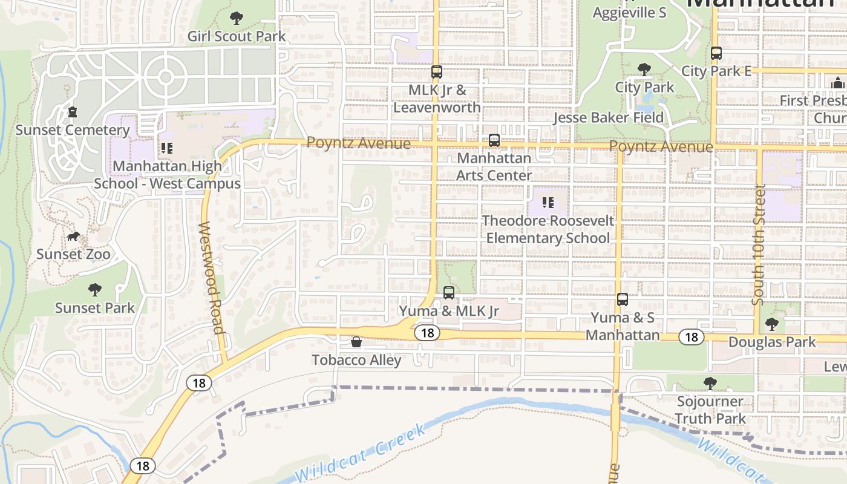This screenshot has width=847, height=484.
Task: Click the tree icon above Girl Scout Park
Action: coord(237,18)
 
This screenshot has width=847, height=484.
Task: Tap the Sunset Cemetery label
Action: coord(73,130)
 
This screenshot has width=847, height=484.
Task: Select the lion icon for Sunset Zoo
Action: coord(73,236)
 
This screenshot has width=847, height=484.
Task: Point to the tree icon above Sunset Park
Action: coord(95,290)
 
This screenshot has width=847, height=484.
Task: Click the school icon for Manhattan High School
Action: coord(167,148)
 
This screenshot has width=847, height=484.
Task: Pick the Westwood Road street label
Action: coord(211,278)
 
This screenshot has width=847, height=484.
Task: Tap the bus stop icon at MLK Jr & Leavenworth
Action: coord(436,72)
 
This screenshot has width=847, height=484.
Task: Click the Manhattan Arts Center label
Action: coord(494,166)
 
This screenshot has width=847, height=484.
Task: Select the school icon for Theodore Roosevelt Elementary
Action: coord(548,203)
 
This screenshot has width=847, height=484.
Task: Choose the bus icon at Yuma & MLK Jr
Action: coord(448,293)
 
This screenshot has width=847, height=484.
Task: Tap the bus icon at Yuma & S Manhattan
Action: coord(622,299)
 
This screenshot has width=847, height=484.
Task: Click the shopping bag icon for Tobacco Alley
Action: coord(356,342)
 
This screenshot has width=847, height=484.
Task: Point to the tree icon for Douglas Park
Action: coord(772,324)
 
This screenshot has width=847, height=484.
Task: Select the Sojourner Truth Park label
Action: coord(710,410)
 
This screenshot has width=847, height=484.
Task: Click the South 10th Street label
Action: coord(759,244)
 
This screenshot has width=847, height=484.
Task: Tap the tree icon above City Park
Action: coord(644,70)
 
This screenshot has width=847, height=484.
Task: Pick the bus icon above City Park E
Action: coord(716,53)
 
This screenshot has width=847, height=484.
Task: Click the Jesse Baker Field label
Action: coord(608,117)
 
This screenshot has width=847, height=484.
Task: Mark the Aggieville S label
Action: coord(629,12)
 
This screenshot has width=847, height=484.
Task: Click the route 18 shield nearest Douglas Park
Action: coord(691,337)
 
